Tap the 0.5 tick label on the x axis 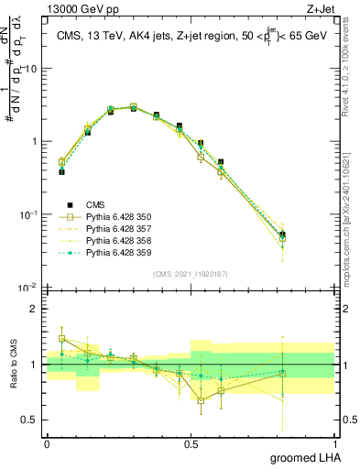click(191, 443)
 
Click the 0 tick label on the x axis click(48, 443)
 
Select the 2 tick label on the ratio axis click(34, 309)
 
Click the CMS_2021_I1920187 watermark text click(191, 274)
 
